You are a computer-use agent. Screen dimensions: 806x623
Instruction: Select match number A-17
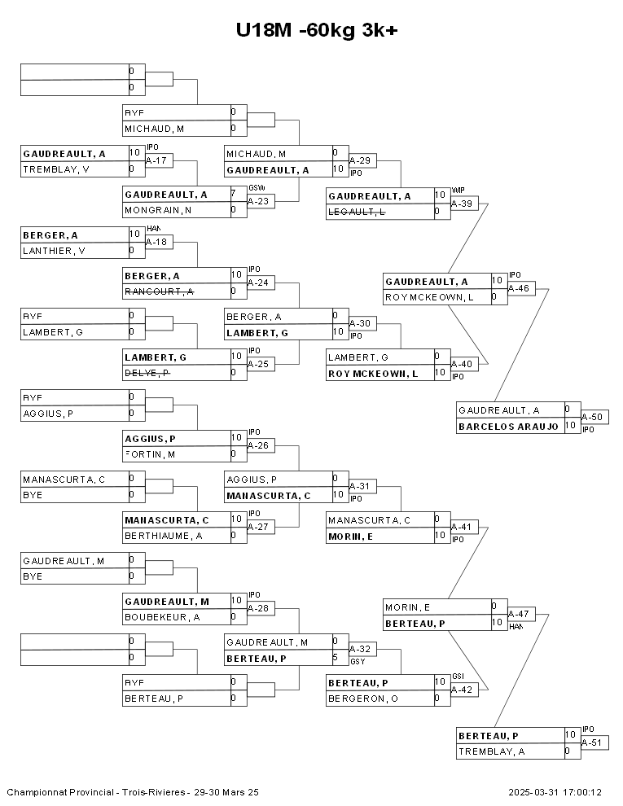(x=156, y=161)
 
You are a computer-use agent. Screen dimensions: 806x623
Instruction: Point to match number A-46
(x=519, y=288)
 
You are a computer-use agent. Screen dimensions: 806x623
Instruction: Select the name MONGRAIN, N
(x=158, y=210)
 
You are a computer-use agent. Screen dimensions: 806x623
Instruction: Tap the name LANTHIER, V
(x=54, y=251)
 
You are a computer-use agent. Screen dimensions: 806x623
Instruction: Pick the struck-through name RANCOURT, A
(x=159, y=291)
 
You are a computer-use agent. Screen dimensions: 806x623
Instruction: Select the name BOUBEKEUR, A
(x=162, y=617)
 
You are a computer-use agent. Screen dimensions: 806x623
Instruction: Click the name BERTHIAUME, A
(x=163, y=536)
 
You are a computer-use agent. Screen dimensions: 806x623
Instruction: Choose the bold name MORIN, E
(x=351, y=536)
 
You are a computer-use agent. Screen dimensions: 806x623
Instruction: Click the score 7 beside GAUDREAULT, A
(x=233, y=194)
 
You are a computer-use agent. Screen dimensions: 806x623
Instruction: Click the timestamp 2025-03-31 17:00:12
(x=555, y=791)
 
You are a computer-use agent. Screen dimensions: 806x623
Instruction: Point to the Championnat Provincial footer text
(x=133, y=791)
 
